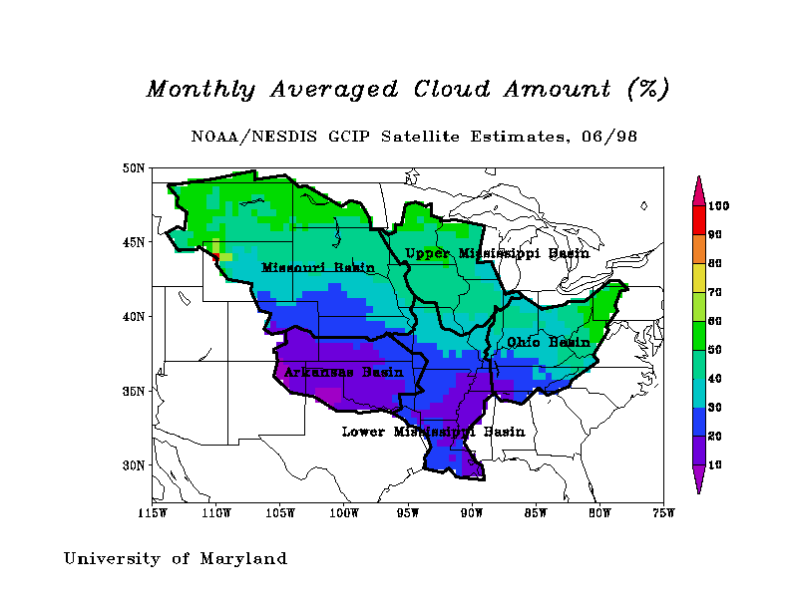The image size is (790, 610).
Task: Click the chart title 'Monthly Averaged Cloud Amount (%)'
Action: point(407,89)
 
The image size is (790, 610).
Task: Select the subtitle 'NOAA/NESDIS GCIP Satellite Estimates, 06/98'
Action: point(414,137)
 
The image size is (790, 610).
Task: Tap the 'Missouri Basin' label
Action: point(317,267)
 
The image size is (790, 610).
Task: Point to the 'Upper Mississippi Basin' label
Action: point(497,253)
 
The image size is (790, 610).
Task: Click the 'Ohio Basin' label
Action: point(548,342)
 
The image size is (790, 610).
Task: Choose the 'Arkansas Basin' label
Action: point(343,373)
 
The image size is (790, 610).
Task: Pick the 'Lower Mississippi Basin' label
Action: point(433,432)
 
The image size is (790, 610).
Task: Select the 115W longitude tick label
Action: point(153,513)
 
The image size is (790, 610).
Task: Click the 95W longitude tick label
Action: point(408,513)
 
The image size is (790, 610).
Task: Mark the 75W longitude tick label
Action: point(663,513)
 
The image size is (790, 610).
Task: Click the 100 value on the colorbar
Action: point(719,206)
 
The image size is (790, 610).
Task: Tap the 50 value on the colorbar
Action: point(716,350)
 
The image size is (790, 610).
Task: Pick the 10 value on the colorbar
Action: point(716,465)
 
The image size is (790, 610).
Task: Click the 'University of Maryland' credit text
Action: point(176,558)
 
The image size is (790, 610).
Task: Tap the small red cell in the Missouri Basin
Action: point(215,256)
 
